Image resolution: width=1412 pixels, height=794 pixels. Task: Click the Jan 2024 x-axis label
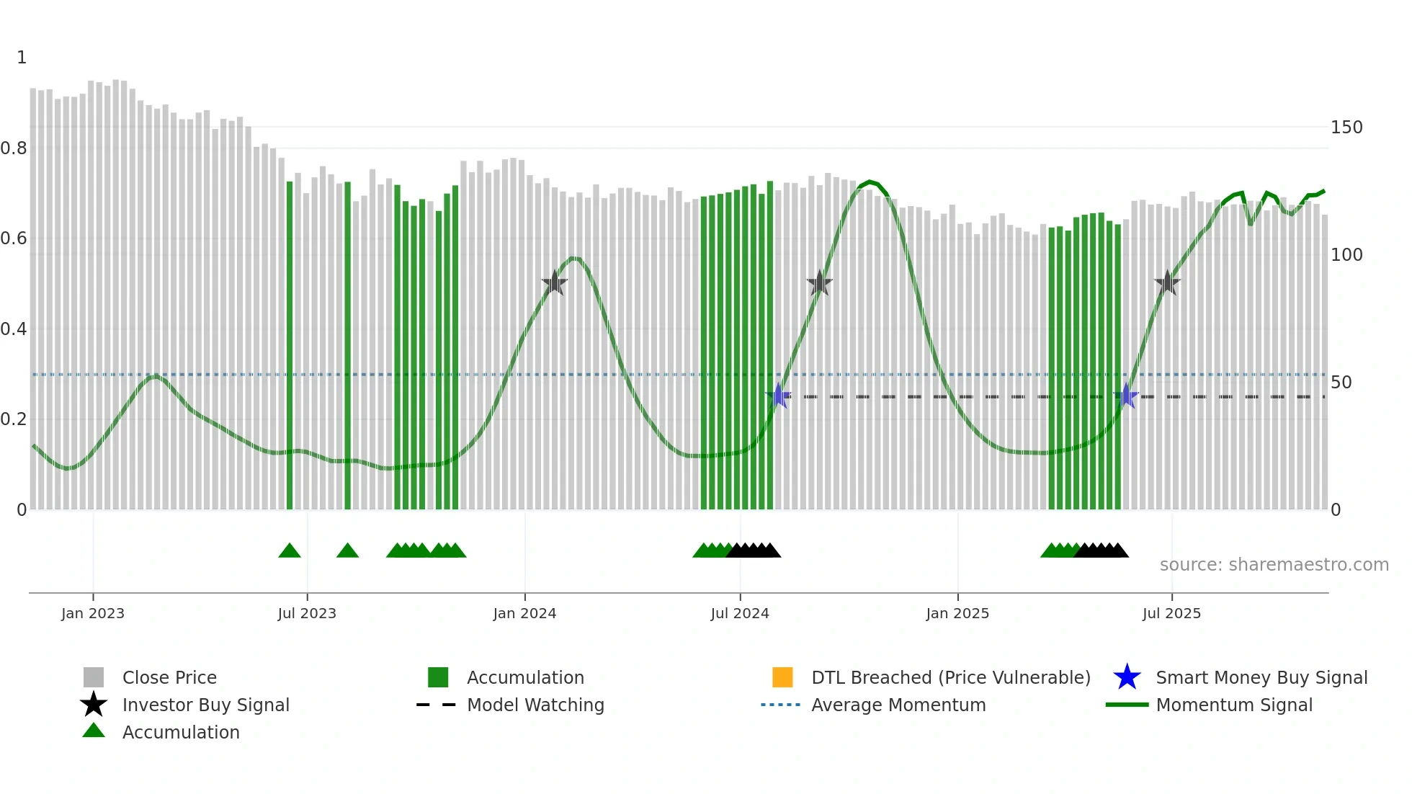[524, 613]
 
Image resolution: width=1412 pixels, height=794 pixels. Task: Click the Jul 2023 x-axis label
[307, 613]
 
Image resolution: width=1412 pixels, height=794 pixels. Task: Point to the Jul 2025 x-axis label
[1171, 613]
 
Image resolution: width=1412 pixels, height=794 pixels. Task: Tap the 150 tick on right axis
[1346, 128]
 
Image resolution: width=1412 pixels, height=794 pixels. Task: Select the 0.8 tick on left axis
[14, 148]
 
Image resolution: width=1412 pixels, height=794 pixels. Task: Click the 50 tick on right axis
[1341, 383]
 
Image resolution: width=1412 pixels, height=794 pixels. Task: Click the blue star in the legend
[1127, 677]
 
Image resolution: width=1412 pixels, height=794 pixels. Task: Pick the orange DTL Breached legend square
[782, 677]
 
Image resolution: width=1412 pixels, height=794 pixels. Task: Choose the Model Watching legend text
[535, 705]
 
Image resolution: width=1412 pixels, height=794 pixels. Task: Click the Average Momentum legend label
[898, 705]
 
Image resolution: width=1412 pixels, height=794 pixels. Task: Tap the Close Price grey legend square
[94, 677]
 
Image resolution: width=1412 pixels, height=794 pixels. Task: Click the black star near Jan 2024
[555, 283]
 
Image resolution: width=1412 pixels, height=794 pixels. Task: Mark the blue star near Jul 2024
[778, 396]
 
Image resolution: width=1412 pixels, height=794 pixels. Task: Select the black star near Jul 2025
[1167, 283]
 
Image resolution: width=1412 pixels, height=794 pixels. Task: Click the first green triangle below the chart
[290, 551]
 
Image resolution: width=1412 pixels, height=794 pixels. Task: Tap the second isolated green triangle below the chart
[347, 551]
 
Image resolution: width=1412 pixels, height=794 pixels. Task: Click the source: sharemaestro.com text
[1274, 565]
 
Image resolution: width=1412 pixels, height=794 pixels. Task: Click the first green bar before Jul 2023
[290, 346]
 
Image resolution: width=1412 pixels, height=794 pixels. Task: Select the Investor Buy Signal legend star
[94, 705]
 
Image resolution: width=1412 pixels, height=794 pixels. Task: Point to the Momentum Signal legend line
[1127, 705]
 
